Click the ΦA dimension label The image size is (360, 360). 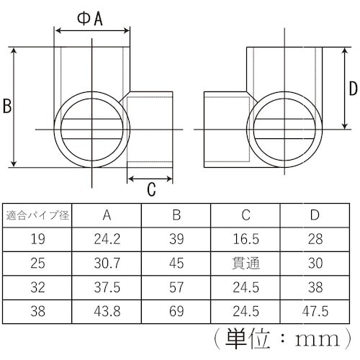(x=91, y=19)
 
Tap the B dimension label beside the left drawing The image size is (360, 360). (x=6, y=107)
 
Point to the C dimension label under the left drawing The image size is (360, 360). (x=151, y=189)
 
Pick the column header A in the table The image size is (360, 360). (x=107, y=215)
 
